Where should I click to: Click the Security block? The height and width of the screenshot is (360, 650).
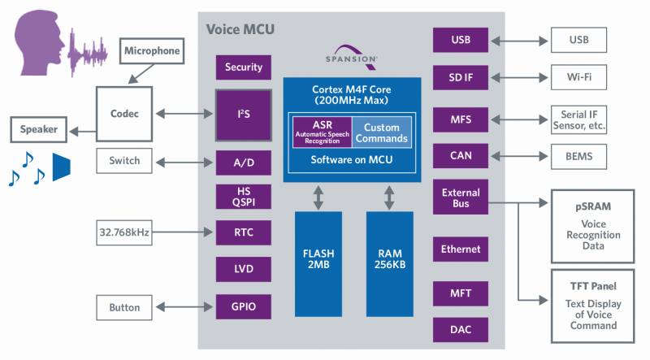pos(243,67)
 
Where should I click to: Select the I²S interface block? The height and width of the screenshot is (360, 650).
pos(243,114)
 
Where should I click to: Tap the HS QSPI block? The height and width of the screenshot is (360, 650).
pos(243,196)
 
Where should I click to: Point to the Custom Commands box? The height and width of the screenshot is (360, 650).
pos(381,132)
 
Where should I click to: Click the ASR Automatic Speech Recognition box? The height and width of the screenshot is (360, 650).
pos(322,132)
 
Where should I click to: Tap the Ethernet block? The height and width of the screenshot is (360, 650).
pos(461,249)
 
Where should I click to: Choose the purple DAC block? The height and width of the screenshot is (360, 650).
pos(461,330)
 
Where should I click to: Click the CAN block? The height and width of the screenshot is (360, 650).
pos(461,156)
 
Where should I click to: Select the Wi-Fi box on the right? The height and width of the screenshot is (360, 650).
pos(578,78)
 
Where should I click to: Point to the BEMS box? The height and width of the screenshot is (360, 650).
pos(578,156)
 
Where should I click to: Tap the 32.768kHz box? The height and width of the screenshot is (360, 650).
pos(123,232)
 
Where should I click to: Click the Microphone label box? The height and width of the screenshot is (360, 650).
pos(151,50)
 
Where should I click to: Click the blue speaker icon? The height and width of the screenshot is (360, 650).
pos(63,166)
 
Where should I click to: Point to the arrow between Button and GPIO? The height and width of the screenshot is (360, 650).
pos(184,307)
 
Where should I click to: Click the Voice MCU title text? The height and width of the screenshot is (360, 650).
pos(240,30)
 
